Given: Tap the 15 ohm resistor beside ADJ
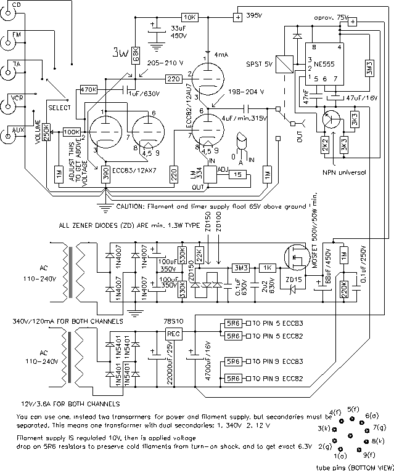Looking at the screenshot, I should (x=237, y=175).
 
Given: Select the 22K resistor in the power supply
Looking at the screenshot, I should (x=199, y=254).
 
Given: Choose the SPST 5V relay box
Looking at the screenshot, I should (x=284, y=65).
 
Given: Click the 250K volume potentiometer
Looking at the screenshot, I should (x=46, y=133).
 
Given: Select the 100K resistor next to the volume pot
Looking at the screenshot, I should (x=72, y=132).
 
